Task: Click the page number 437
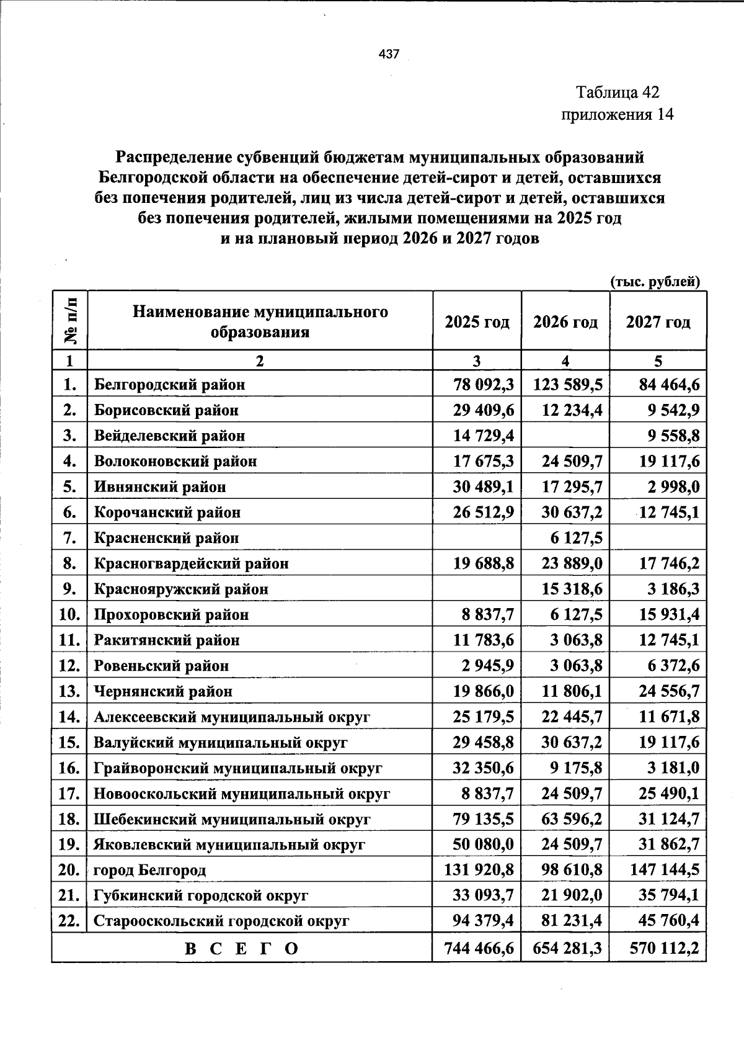[389, 55]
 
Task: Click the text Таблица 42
[618, 93]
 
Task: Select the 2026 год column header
[565, 322]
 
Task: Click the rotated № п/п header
[70, 321]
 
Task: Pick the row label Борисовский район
[166, 411]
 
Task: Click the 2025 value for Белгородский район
[484, 385]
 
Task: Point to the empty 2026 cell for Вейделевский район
[565, 436]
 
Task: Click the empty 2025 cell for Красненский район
[477, 538]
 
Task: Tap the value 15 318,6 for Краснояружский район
[572, 589]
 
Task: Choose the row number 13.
[69, 691]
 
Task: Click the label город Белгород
[150, 871]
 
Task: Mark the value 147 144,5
[664, 870]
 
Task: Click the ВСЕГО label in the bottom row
[241, 949]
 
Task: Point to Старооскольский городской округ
[221, 921]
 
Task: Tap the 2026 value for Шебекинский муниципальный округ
[572, 819]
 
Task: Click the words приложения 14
[616, 115]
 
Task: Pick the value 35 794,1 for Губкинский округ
[669, 896]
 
